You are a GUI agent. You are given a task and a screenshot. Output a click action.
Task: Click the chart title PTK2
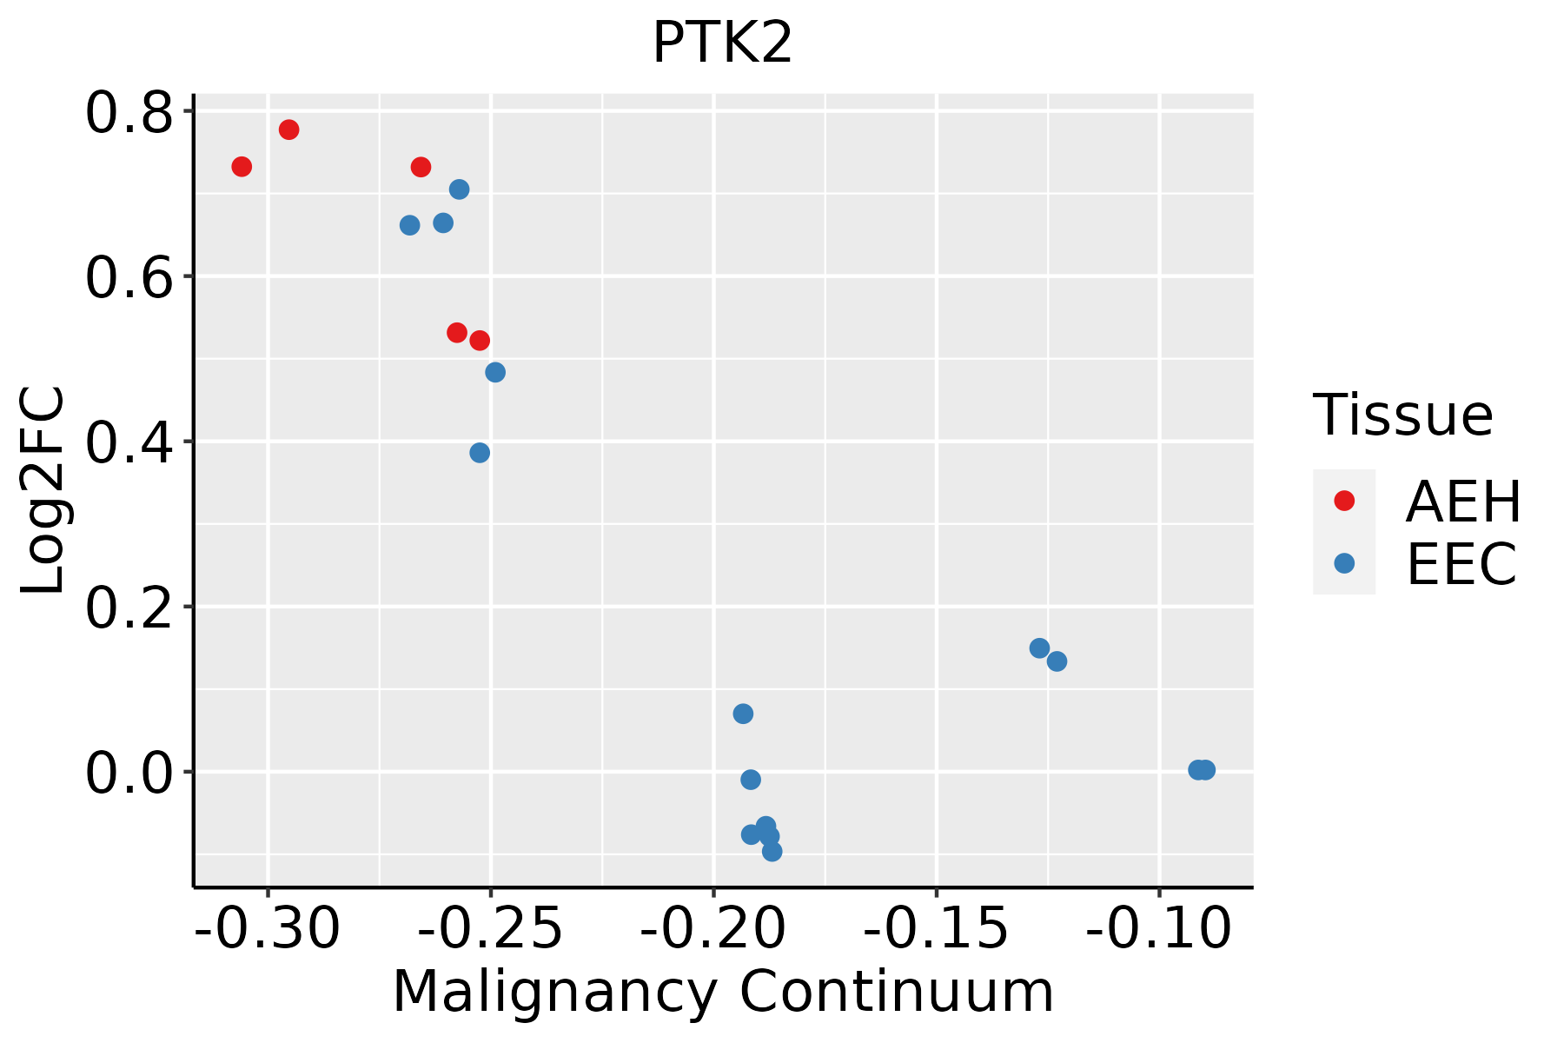pos(722,43)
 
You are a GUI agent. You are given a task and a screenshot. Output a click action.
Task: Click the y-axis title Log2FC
pos(43,491)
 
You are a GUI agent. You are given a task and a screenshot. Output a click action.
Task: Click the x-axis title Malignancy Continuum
pos(723,993)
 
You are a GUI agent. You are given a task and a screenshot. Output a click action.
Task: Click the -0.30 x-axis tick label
pos(268,928)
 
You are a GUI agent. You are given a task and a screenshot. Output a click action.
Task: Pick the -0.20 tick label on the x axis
pos(713,928)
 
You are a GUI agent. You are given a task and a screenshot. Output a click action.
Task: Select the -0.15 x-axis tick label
pos(936,928)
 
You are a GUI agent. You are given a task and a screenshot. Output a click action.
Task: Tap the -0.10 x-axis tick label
pos(1159,928)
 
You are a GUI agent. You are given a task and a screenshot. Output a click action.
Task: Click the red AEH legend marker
pos(1344,501)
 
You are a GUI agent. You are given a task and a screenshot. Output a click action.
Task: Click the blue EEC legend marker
pos(1344,563)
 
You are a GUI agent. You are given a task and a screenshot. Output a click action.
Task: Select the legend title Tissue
pos(1403,415)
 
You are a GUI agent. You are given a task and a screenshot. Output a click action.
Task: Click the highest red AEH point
pos(289,130)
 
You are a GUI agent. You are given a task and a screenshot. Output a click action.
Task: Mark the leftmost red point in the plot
pos(242,166)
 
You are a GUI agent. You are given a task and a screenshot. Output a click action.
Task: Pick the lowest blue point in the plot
pos(772,851)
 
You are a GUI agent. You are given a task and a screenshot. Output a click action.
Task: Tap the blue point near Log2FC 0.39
pos(480,453)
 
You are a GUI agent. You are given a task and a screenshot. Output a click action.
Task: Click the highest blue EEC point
pos(460,189)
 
